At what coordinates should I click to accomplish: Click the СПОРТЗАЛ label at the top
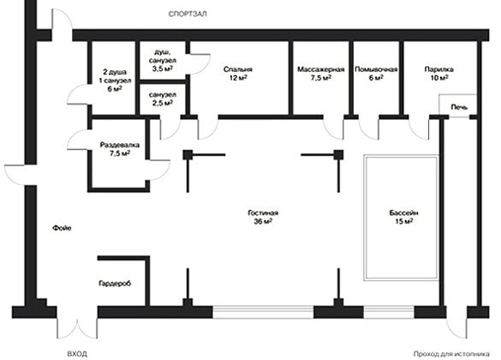(x=188, y=14)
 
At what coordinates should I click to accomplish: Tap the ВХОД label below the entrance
(x=77, y=354)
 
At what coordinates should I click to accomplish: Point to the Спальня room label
(x=238, y=69)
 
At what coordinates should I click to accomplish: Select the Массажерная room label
(x=321, y=69)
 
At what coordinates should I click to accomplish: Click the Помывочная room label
(x=376, y=69)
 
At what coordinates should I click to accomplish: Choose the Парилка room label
(x=438, y=69)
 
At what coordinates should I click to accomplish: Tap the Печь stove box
(x=457, y=105)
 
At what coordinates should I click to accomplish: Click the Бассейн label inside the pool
(x=404, y=213)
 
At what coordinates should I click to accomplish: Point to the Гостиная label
(x=263, y=213)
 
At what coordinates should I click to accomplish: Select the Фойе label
(x=62, y=228)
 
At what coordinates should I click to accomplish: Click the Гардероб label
(x=115, y=283)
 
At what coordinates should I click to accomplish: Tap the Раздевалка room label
(x=120, y=145)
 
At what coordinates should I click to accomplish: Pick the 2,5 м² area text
(x=163, y=103)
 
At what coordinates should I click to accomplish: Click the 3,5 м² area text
(x=163, y=69)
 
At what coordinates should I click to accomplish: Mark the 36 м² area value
(x=263, y=221)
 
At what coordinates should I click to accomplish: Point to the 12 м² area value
(x=238, y=78)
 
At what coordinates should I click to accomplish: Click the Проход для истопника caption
(x=451, y=354)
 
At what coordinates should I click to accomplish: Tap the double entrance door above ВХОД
(x=77, y=328)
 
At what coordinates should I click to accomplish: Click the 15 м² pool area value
(x=404, y=221)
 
